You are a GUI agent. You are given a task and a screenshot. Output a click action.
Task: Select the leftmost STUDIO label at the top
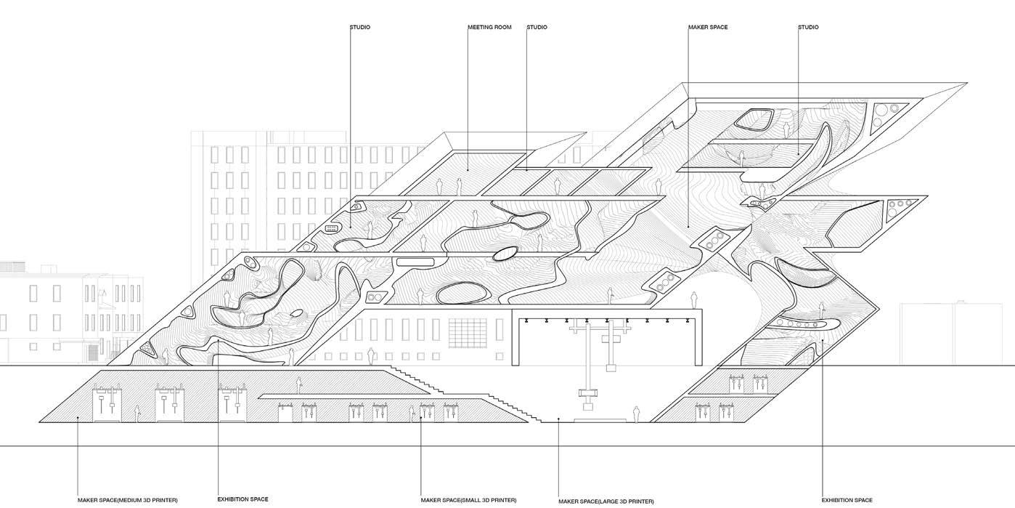coord(360,28)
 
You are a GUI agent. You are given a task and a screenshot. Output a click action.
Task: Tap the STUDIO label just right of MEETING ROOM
coord(537,28)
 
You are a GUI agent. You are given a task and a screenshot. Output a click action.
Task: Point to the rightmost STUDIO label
coord(808,28)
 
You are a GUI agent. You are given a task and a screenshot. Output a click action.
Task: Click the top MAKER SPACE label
coord(708,28)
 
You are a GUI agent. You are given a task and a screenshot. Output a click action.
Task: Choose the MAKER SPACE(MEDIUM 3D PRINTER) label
coord(128,500)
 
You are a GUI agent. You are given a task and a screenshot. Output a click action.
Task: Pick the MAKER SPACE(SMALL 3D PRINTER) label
coord(468,500)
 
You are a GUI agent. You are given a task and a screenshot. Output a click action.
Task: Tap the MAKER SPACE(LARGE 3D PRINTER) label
coord(606,501)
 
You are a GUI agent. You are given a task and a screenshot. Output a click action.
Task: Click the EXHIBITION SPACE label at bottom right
coord(847,500)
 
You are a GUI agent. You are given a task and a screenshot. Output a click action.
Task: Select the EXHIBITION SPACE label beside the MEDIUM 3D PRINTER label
coord(242,499)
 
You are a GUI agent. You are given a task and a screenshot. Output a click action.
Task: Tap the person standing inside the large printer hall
coord(637,414)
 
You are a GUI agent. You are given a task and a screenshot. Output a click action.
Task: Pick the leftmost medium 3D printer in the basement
coord(106,404)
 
